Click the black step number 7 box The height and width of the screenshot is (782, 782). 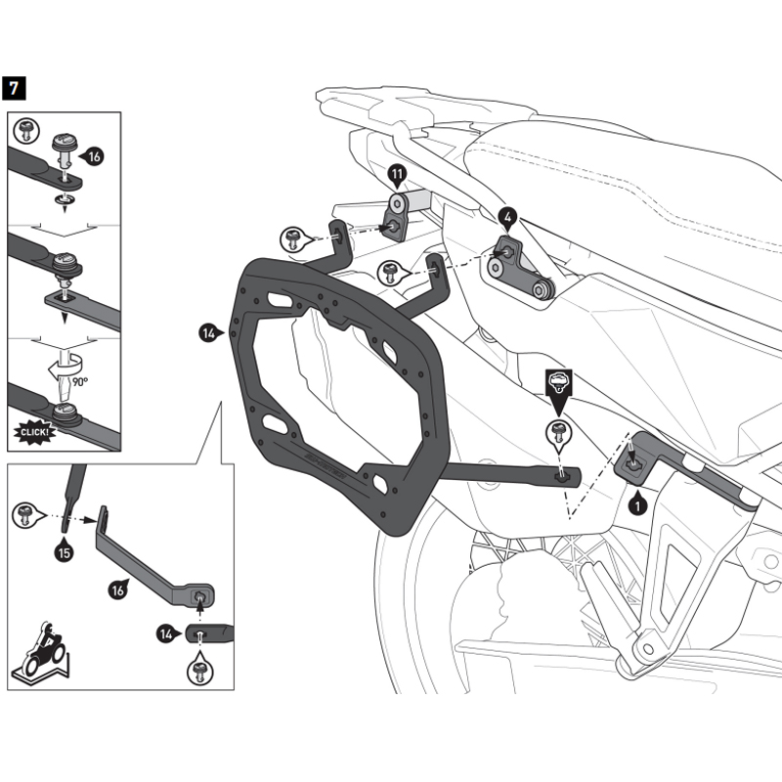[x=15, y=87]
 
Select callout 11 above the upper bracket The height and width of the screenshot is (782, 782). [x=397, y=177]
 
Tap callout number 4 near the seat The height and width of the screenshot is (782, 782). [x=508, y=216]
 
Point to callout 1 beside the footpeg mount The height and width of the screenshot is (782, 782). [x=637, y=506]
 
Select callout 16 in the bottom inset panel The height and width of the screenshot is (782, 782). [x=115, y=590]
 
